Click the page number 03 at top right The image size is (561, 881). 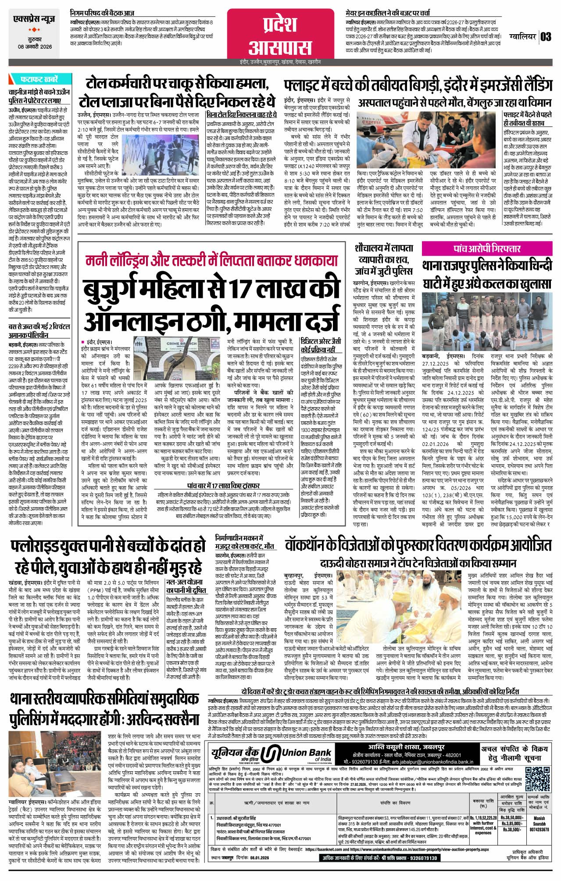(x=546, y=36)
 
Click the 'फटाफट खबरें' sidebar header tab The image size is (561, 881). (x=39, y=80)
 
